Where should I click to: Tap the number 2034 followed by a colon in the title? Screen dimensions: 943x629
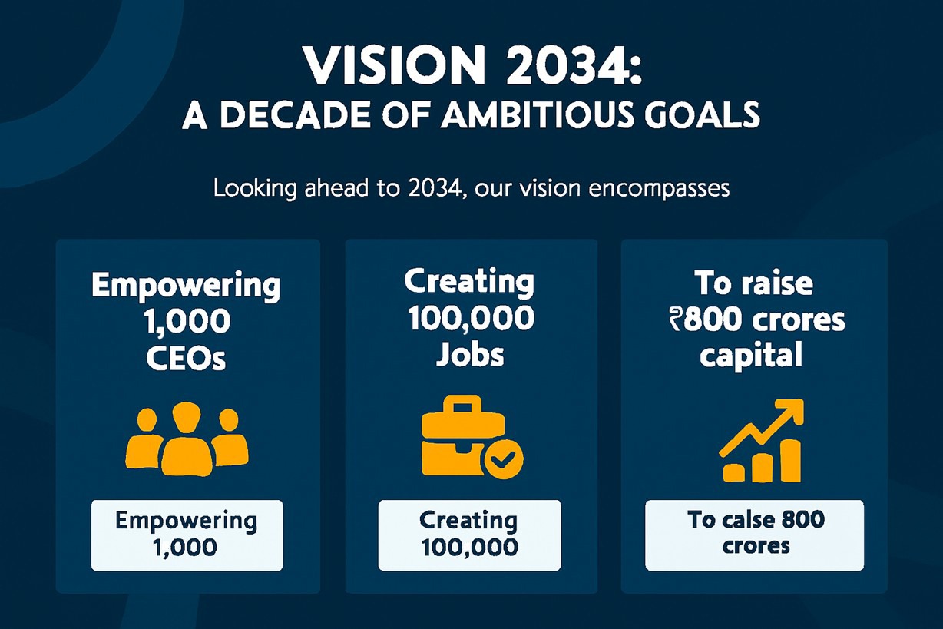(x=574, y=67)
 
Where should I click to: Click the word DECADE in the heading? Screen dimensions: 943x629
(x=296, y=114)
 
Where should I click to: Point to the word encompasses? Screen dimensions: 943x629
(x=659, y=189)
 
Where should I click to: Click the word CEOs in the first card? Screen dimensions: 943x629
(x=186, y=359)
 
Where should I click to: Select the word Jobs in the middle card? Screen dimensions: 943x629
(x=470, y=355)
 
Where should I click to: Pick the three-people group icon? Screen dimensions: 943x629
(x=187, y=439)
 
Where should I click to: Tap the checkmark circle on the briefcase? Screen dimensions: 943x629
(x=504, y=459)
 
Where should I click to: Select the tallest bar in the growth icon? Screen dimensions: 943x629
(x=791, y=461)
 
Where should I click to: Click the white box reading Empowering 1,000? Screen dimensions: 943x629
(x=187, y=535)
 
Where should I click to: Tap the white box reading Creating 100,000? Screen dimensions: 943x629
(x=469, y=535)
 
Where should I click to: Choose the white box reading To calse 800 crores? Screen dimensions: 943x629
(x=754, y=535)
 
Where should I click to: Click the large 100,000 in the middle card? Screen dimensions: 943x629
(x=471, y=319)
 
